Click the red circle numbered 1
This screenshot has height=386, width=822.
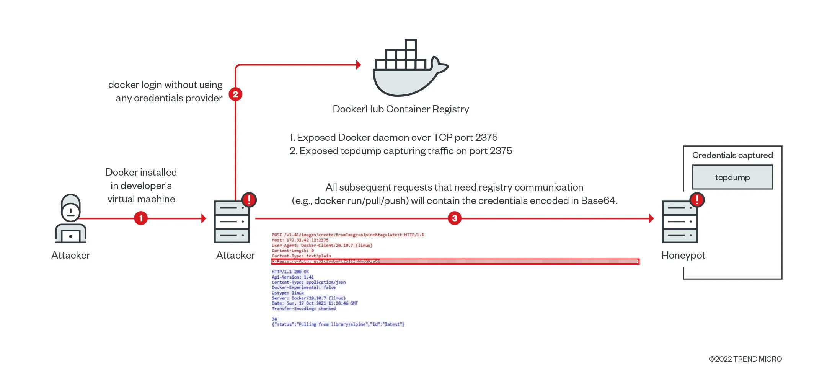point(141,218)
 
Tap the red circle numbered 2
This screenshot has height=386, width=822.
point(235,94)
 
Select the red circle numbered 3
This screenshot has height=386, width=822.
point(455,218)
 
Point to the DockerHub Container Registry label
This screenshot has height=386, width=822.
point(401,109)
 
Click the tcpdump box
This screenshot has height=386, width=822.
point(732,177)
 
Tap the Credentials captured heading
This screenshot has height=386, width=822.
point(732,155)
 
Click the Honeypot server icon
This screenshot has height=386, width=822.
point(680,222)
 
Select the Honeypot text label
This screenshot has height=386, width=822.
point(683,256)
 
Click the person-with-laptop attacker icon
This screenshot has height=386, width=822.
point(71,219)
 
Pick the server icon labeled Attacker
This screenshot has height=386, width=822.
point(232,222)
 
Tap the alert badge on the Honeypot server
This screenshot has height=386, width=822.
point(697,200)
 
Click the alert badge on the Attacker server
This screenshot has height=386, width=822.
point(249,200)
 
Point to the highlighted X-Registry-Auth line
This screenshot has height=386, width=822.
point(455,261)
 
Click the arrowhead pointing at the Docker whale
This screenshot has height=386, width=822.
point(359,65)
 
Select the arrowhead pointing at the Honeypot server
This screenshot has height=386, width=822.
point(651,218)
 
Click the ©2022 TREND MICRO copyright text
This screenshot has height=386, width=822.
point(745,359)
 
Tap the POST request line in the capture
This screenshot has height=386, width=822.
point(347,235)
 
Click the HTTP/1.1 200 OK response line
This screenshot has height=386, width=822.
point(290,272)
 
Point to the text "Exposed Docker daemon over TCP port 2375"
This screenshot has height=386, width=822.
point(397,137)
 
